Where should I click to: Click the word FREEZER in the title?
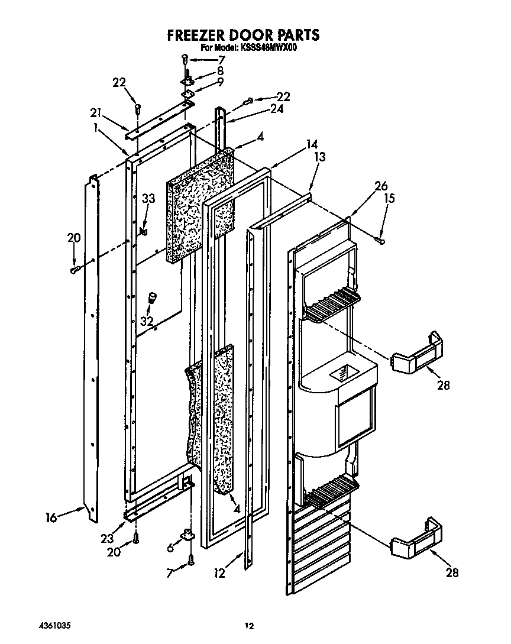[x=196, y=35]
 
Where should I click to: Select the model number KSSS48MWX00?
[x=267, y=48]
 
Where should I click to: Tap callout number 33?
[x=148, y=199]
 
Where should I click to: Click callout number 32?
[x=146, y=321]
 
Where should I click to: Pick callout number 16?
[x=51, y=519]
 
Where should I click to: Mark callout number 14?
[x=312, y=144]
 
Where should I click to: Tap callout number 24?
[x=276, y=109]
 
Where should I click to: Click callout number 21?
[x=95, y=112]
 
